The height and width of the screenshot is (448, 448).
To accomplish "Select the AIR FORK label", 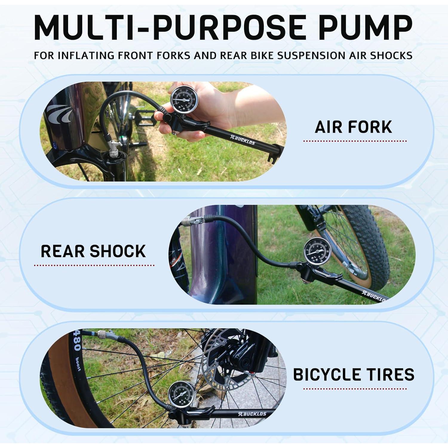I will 353,127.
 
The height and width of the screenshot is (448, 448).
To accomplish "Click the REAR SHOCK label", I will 93,251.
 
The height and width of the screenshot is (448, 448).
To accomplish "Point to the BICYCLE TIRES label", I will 354,375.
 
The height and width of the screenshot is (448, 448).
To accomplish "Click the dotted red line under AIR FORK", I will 355,141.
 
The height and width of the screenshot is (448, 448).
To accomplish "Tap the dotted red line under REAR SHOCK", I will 94,265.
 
